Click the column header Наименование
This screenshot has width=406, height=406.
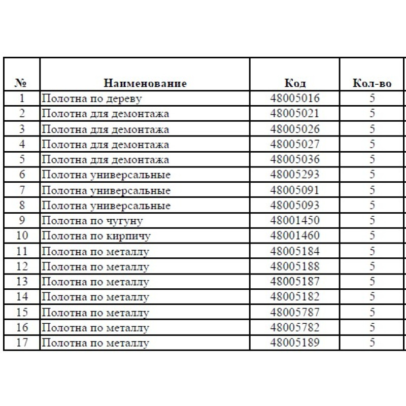click(x=145, y=83)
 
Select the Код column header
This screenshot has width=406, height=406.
click(x=295, y=83)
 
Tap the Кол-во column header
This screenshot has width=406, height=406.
click(x=372, y=83)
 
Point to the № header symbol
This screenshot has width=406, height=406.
click(x=21, y=83)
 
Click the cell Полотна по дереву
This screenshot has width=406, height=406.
click(x=91, y=98)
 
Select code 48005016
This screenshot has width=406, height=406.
click(x=295, y=98)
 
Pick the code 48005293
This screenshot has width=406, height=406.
click(x=295, y=175)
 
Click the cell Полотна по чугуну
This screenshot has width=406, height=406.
click(x=92, y=221)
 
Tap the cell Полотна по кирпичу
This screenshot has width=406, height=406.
click(x=96, y=236)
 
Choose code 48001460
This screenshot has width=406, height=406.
click(x=295, y=236)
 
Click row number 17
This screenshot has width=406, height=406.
click(x=22, y=343)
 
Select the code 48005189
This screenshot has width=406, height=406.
click(x=295, y=343)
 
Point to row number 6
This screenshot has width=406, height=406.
click(x=22, y=175)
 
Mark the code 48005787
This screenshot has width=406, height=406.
click(x=295, y=312)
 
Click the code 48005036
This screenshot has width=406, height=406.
click(x=295, y=160)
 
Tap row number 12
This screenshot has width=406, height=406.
click(x=22, y=266)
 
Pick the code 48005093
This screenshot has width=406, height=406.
click(x=295, y=206)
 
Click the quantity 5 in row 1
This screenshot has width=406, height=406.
click(x=373, y=98)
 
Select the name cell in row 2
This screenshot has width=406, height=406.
click(x=105, y=114)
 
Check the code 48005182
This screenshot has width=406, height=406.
click(x=295, y=297)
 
